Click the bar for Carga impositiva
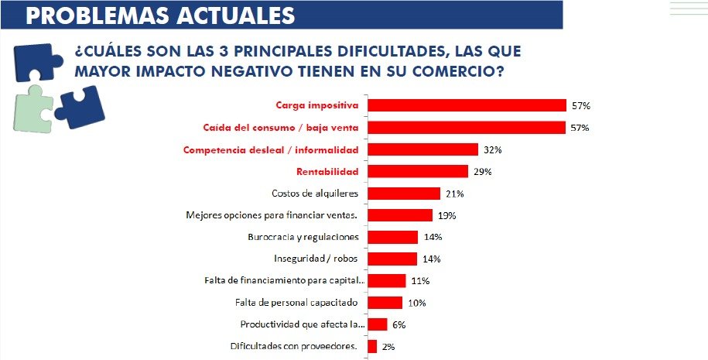(x=467, y=105)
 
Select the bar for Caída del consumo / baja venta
(x=467, y=127)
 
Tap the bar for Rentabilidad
(x=418, y=171)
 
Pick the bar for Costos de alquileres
(x=404, y=193)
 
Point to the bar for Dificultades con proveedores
(x=372, y=346)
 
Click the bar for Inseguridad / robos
(x=392, y=259)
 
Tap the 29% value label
(x=483, y=171)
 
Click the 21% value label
(x=455, y=193)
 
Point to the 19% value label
(x=446, y=215)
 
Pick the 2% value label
(x=388, y=347)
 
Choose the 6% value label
(x=398, y=324)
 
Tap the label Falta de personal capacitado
(x=298, y=303)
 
